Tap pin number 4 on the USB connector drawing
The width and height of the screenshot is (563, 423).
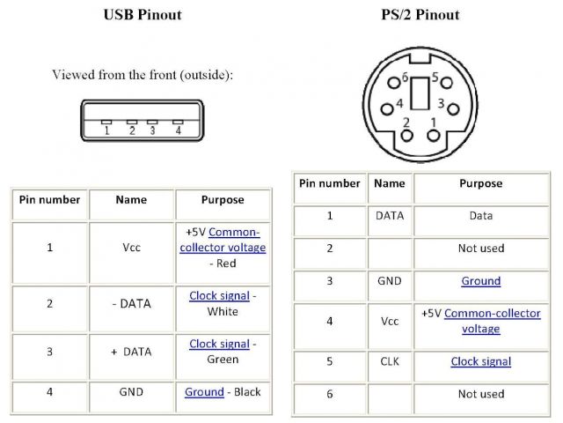coord(178,130)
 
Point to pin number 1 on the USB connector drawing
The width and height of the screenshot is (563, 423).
coord(106,130)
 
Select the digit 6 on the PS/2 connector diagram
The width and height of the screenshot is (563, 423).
coord(405,78)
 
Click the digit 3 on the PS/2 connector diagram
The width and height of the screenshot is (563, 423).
coord(440,103)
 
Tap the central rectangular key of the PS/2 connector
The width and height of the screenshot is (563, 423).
coord(420,92)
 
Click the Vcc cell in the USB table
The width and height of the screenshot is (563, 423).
coord(131,248)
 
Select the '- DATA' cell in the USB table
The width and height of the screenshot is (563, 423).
coord(131,303)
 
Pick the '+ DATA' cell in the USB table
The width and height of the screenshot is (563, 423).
coord(131,351)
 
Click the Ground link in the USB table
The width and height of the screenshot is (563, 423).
coord(204,391)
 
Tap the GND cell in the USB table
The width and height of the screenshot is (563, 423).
coord(131,391)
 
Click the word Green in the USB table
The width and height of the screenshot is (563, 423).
coord(223,359)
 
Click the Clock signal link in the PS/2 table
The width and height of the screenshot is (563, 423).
coord(480,361)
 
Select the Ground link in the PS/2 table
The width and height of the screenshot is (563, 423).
coord(480,281)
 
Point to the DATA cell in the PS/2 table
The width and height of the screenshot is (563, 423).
coord(390,215)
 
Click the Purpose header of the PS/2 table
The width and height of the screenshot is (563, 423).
coord(480,183)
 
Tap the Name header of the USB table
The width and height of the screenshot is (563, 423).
coord(131,199)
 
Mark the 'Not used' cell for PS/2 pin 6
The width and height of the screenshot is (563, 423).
coord(480,394)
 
